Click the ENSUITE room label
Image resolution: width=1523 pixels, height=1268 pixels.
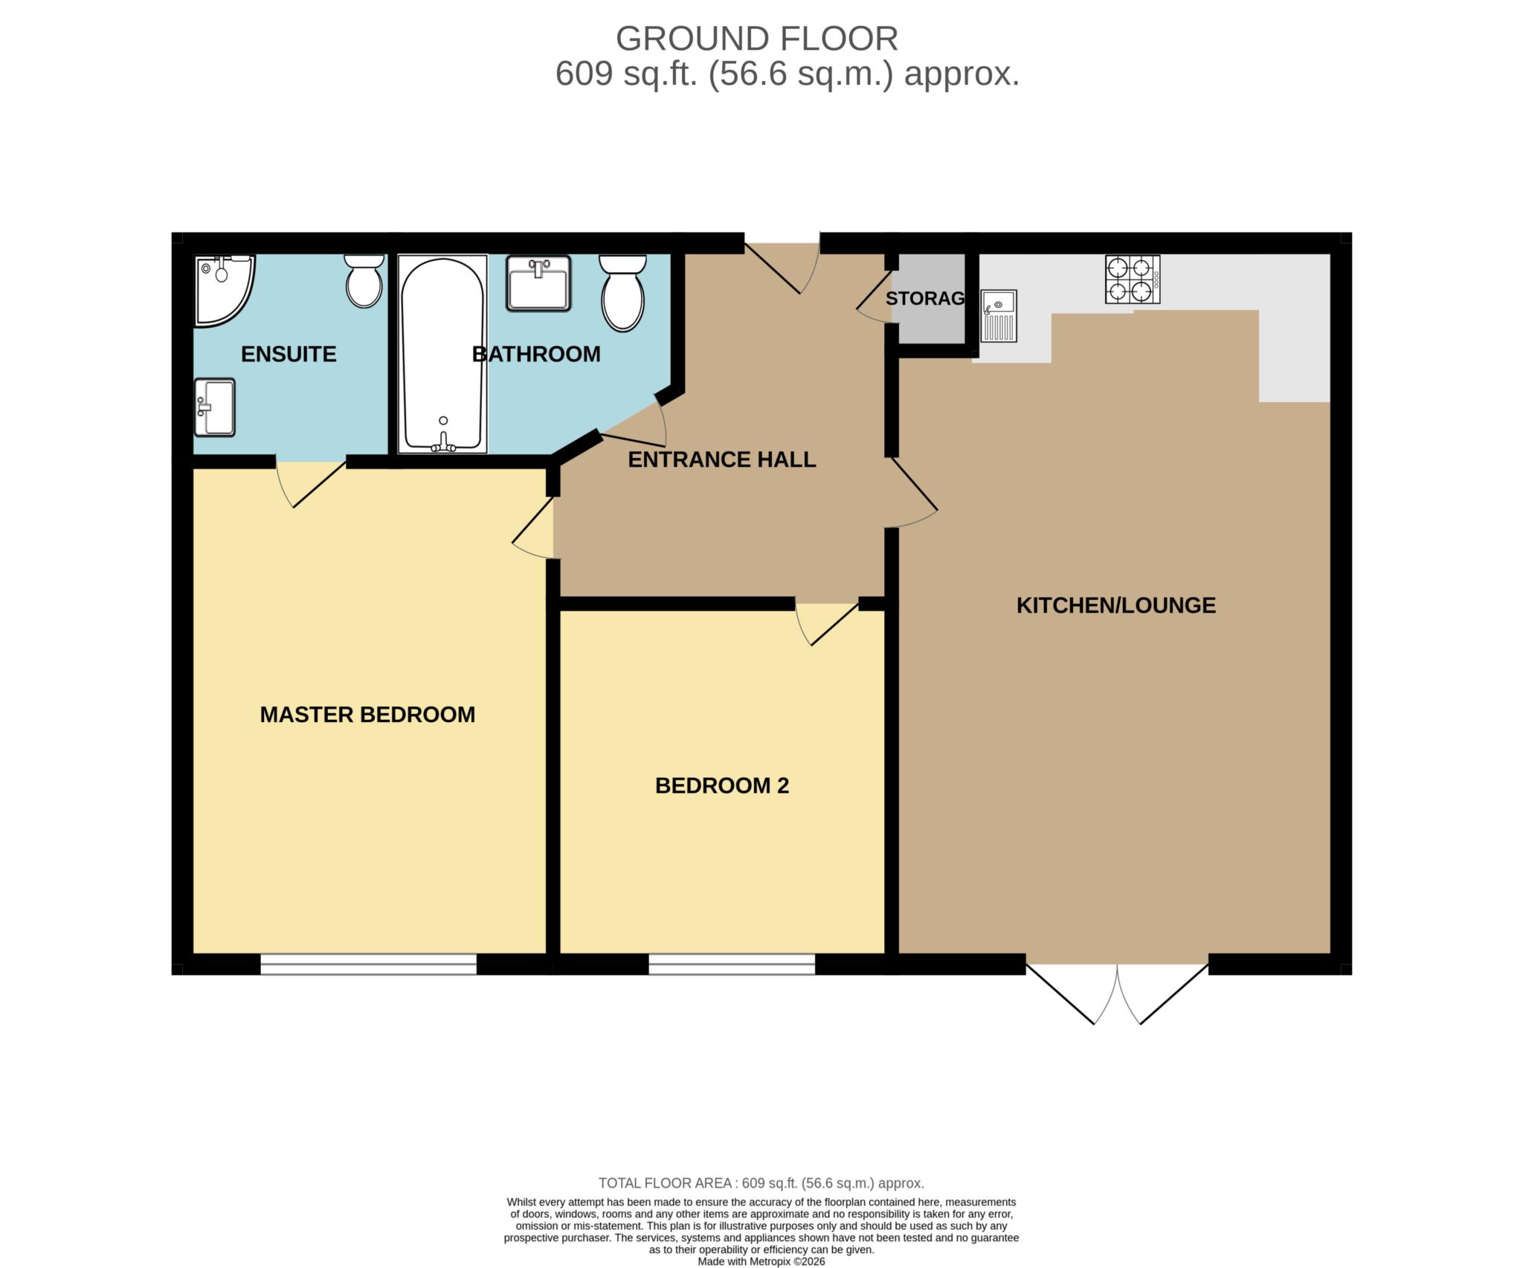click(289, 354)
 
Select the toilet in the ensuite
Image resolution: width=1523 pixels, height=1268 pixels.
click(364, 280)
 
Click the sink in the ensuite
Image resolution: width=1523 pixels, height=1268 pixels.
click(215, 408)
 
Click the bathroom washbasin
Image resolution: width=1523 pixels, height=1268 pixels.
click(538, 283)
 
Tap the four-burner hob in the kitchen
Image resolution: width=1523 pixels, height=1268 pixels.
click(1132, 280)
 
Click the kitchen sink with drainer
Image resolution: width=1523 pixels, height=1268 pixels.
click(998, 316)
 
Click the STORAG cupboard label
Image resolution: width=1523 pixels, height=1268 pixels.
click(924, 298)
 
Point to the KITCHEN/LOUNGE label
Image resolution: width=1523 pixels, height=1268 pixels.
click(1115, 605)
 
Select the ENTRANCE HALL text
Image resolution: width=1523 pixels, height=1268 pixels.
click(721, 460)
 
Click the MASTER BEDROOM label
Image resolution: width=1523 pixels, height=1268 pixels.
click(367, 715)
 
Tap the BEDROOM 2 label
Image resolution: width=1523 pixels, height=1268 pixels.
click(721, 786)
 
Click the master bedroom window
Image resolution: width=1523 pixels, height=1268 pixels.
click(368, 964)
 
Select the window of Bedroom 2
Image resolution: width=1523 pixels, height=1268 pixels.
click(732, 964)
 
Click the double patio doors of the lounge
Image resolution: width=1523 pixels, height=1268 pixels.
click(1117, 993)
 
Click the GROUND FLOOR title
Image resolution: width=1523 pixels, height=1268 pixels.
click(756, 39)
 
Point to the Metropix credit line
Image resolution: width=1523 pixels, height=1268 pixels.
click(761, 1261)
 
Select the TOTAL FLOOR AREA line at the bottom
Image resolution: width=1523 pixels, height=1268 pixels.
click(761, 1183)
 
